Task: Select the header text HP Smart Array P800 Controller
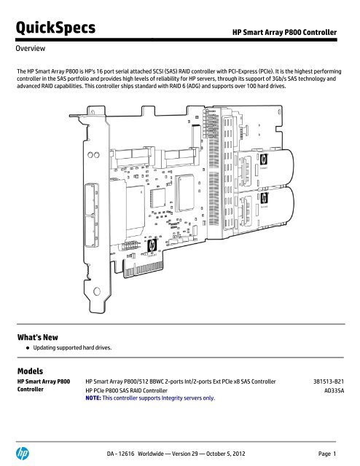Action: pyautogui.click(x=283, y=33)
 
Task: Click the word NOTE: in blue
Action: pyautogui.click(x=95, y=398)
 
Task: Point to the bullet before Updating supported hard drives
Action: pyautogui.click(x=26, y=348)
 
